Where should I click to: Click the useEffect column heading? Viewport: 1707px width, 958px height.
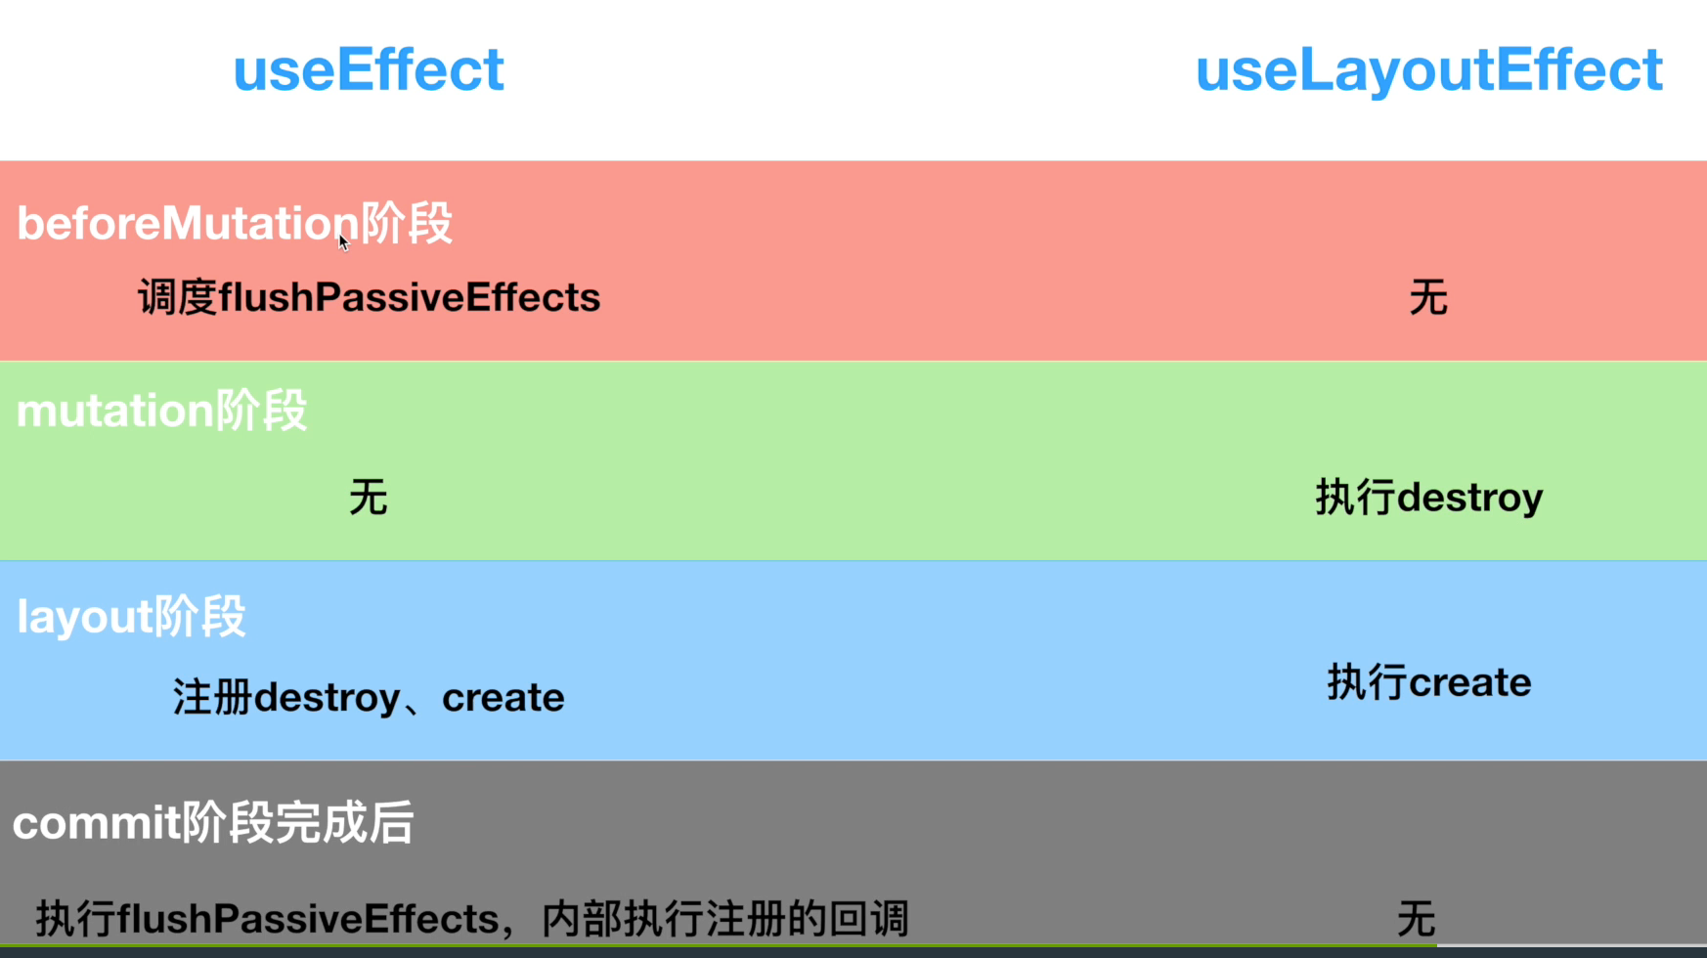(x=369, y=70)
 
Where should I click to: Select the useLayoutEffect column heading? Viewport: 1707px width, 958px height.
(x=1428, y=70)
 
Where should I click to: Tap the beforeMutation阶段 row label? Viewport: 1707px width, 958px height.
(x=235, y=224)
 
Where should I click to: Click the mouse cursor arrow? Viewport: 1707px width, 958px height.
(x=343, y=242)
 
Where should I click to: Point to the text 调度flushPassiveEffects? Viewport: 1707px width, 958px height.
(x=369, y=297)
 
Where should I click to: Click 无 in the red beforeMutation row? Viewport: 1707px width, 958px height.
(x=1428, y=297)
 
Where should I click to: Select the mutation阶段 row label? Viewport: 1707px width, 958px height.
(x=162, y=411)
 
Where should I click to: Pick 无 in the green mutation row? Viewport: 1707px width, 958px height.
(x=369, y=498)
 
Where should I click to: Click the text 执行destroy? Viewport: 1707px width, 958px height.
(x=1428, y=498)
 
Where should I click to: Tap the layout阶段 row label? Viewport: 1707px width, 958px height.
(x=131, y=617)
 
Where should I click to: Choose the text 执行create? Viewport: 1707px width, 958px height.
(x=1428, y=682)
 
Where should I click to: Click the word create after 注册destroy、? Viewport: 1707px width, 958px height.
(x=503, y=698)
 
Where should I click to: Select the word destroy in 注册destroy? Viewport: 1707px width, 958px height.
(x=328, y=698)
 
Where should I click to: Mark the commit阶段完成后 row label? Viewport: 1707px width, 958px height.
(x=213, y=823)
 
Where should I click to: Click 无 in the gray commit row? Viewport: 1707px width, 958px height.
(x=1417, y=919)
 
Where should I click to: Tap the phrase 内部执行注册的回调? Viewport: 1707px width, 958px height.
(x=724, y=919)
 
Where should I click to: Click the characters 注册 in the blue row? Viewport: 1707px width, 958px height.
(x=213, y=698)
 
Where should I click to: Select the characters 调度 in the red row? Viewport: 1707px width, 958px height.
(x=177, y=297)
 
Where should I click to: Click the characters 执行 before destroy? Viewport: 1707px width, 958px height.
(x=1355, y=498)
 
